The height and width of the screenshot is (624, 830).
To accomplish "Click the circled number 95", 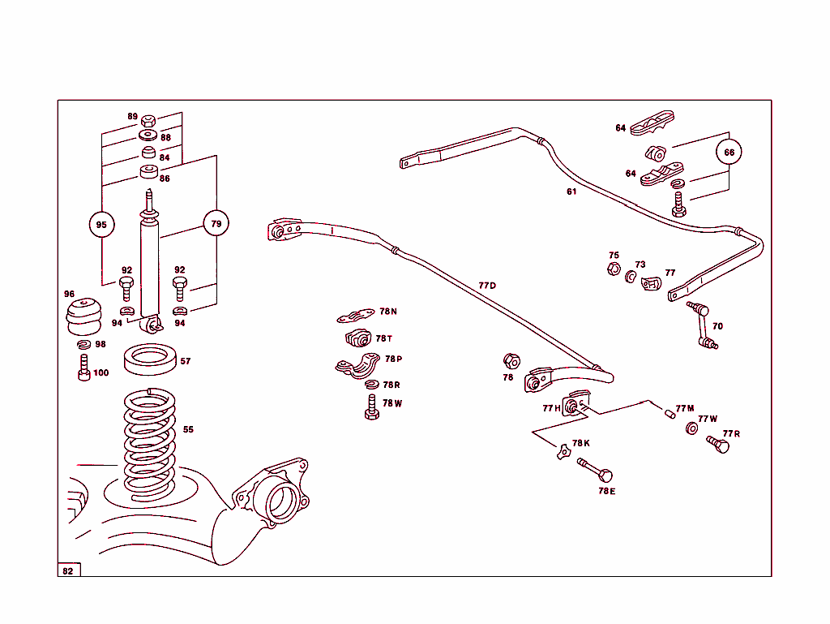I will click(101, 225).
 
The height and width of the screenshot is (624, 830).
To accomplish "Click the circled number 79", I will click(216, 224).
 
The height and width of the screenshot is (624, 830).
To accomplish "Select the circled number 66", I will click(729, 152).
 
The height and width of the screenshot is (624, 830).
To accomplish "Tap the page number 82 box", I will click(68, 570).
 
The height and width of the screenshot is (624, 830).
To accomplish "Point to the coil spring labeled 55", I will click(149, 442).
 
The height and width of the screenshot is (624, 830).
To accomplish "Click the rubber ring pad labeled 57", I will click(150, 359).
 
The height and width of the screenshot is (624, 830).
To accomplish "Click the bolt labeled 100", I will click(83, 368).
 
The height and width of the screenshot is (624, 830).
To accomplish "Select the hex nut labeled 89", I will click(148, 119).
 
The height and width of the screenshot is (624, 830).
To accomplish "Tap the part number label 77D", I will click(486, 286).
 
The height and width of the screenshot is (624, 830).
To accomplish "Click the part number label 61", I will click(571, 192).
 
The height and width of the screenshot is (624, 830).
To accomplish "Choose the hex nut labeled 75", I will click(614, 269).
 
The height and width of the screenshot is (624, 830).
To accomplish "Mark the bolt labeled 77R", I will click(717, 444).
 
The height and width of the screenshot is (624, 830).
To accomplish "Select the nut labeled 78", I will click(511, 360).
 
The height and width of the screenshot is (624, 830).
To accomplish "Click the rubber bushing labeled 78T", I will click(357, 338).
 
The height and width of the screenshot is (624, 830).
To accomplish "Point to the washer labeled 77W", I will click(692, 428).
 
